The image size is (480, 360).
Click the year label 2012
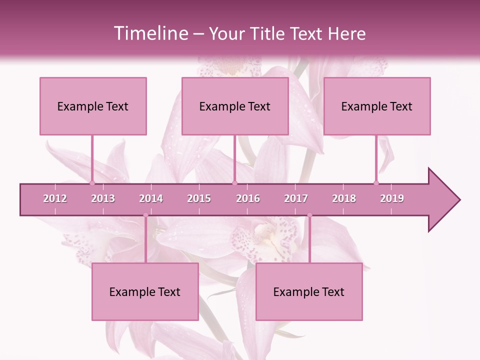[55, 198]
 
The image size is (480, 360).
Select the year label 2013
[103, 198]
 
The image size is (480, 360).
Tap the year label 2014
[151, 198]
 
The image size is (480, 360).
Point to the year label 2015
[199, 198]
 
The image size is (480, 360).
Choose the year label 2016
[248, 198]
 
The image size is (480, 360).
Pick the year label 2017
[296, 198]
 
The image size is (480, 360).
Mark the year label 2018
[344, 198]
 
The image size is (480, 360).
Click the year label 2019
[392, 198]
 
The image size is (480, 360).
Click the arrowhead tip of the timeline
[459, 200]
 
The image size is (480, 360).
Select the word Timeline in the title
[150, 33]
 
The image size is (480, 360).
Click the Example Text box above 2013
[93, 106]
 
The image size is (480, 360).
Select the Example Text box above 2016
[235, 106]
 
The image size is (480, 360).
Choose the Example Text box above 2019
[377, 106]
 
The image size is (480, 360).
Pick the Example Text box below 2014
[145, 291]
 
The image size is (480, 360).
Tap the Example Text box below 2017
[309, 291]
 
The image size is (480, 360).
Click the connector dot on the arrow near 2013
[92, 183]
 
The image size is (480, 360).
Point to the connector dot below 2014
[145, 215]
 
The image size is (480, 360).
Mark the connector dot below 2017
[309, 215]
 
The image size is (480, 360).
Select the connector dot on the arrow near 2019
[376, 183]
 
